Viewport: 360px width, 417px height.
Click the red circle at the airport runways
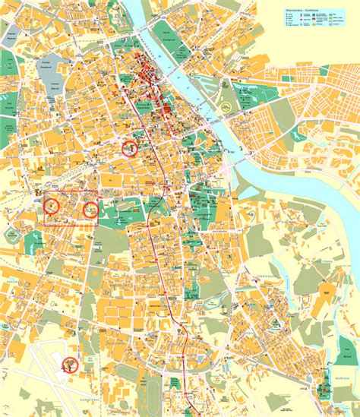[x=71, y=365]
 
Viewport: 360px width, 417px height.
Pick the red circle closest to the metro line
[x=131, y=147]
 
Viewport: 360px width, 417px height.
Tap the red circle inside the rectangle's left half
[x=52, y=204]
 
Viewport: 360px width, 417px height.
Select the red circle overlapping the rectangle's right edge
[x=90, y=209]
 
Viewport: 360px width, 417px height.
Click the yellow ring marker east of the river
[x=227, y=107]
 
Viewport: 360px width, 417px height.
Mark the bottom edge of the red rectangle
[x=70, y=225]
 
